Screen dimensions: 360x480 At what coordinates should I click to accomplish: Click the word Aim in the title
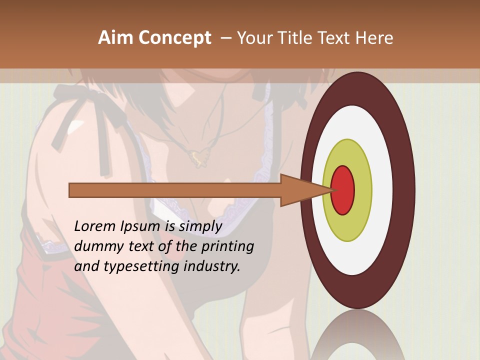point(115,38)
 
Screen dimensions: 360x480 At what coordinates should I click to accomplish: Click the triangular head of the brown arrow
point(295,190)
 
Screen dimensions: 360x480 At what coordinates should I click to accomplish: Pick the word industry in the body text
point(212,266)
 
